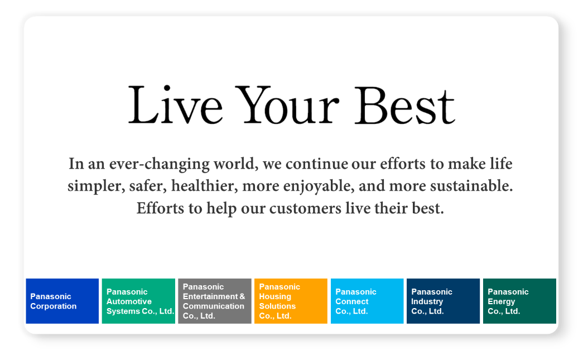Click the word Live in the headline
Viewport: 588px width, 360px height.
coord(176,105)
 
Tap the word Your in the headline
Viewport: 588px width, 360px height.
coord(288,105)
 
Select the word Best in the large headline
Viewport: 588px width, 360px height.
coord(405,105)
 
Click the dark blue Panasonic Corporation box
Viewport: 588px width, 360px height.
coord(62,301)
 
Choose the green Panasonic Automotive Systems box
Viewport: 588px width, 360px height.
coord(138,301)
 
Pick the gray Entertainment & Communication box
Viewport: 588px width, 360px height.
coord(214,301)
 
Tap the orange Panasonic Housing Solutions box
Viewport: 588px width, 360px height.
coord(291,301)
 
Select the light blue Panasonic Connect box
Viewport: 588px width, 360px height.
coord(367,301)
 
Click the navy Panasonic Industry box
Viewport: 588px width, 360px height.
coord(444,301)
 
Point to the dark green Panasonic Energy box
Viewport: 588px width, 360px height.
coord(519,301)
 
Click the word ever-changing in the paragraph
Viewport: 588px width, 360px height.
coord(160,164)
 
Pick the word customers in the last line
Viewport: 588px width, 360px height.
coord(305,209)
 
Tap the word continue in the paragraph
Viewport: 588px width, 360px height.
coord(317,164)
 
